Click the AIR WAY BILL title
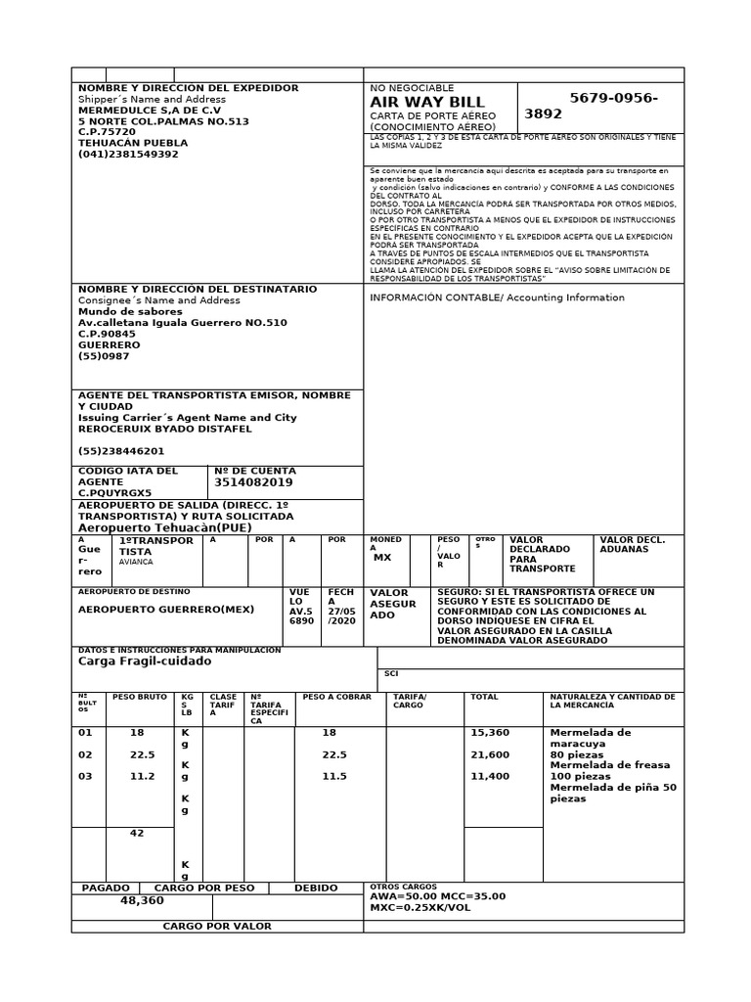[x=426, y=103]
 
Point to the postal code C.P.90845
[x=107, y=334]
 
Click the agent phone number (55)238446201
[x=121, y=451]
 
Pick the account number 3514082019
[x=253, y=482]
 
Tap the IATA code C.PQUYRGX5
[x=114, y=492]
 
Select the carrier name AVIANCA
[x=136, y=563]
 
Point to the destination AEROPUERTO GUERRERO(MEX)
[x=165, y=609]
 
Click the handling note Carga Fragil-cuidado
[x=144, y=660]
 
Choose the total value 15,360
[x=490, y=732]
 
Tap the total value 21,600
[x=490, y=754]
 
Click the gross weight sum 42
[x=137, y=834]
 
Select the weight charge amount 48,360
[x=142, y=900]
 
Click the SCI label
[x=391, y=673]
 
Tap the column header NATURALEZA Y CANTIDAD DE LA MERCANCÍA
[x=612, y=701]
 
